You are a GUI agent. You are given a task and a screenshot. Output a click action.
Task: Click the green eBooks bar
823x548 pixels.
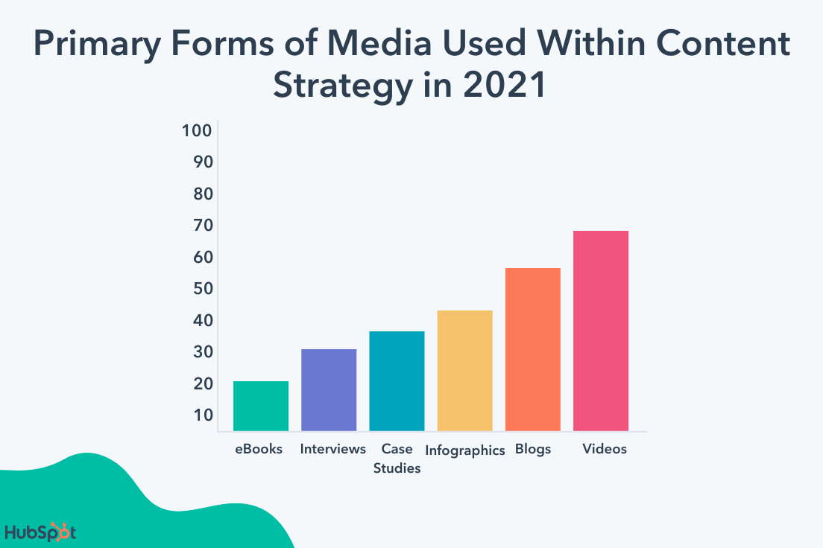tap(261, 406)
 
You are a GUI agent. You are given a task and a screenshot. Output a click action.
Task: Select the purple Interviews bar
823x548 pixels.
tap(329, 389)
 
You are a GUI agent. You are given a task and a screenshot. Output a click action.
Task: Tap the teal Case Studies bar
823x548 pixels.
tap(397, 380)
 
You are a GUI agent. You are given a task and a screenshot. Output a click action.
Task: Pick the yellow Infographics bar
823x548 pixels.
tap(464, 370)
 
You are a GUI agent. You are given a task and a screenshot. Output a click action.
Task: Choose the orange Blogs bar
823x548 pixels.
tap(532, 349)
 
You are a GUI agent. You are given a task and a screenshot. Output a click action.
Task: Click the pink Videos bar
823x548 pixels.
tap(600, 331)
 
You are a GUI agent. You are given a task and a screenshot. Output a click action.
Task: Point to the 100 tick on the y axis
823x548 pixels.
tap(198, 131)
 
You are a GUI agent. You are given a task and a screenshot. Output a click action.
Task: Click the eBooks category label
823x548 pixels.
tap(258, 449)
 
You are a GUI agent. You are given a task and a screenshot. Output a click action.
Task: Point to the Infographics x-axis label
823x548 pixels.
tap(465, 450)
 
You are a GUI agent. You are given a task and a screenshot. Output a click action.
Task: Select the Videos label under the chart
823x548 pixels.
tap(605, 449)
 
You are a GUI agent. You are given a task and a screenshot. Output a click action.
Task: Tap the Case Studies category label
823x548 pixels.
tap(397, 459)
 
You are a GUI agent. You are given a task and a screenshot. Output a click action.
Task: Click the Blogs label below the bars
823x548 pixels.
tap(533, 449)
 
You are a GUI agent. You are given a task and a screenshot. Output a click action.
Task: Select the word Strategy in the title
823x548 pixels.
tap(341, 86)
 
